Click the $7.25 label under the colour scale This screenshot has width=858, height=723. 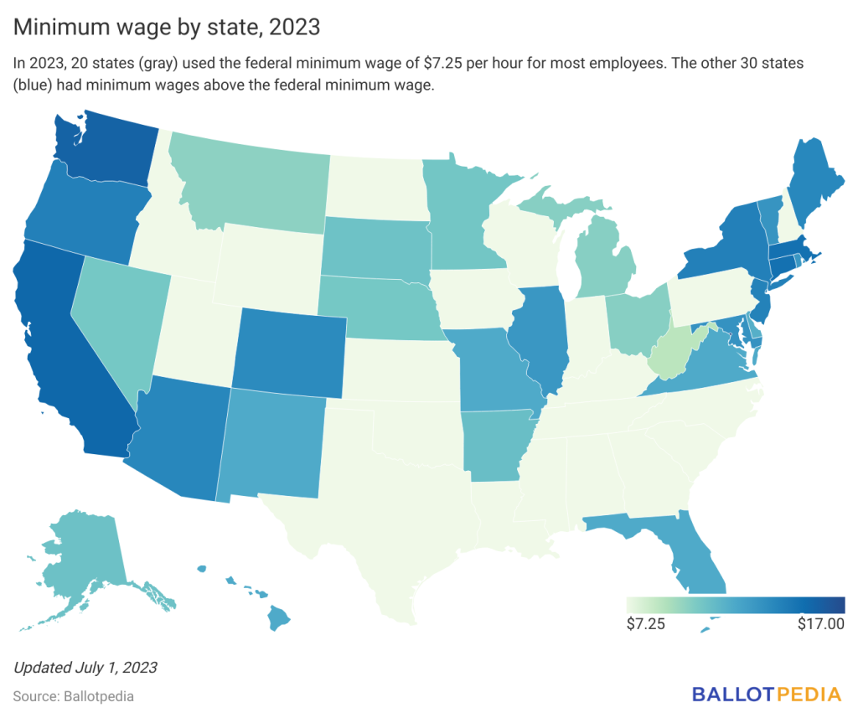pos(646,625)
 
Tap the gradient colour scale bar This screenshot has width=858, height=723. pos(735,605)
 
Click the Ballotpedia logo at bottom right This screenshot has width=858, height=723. pos(766,694)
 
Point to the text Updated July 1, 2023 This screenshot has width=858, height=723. pos(85,668)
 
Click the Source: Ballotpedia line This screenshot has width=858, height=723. pos(73,695)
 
